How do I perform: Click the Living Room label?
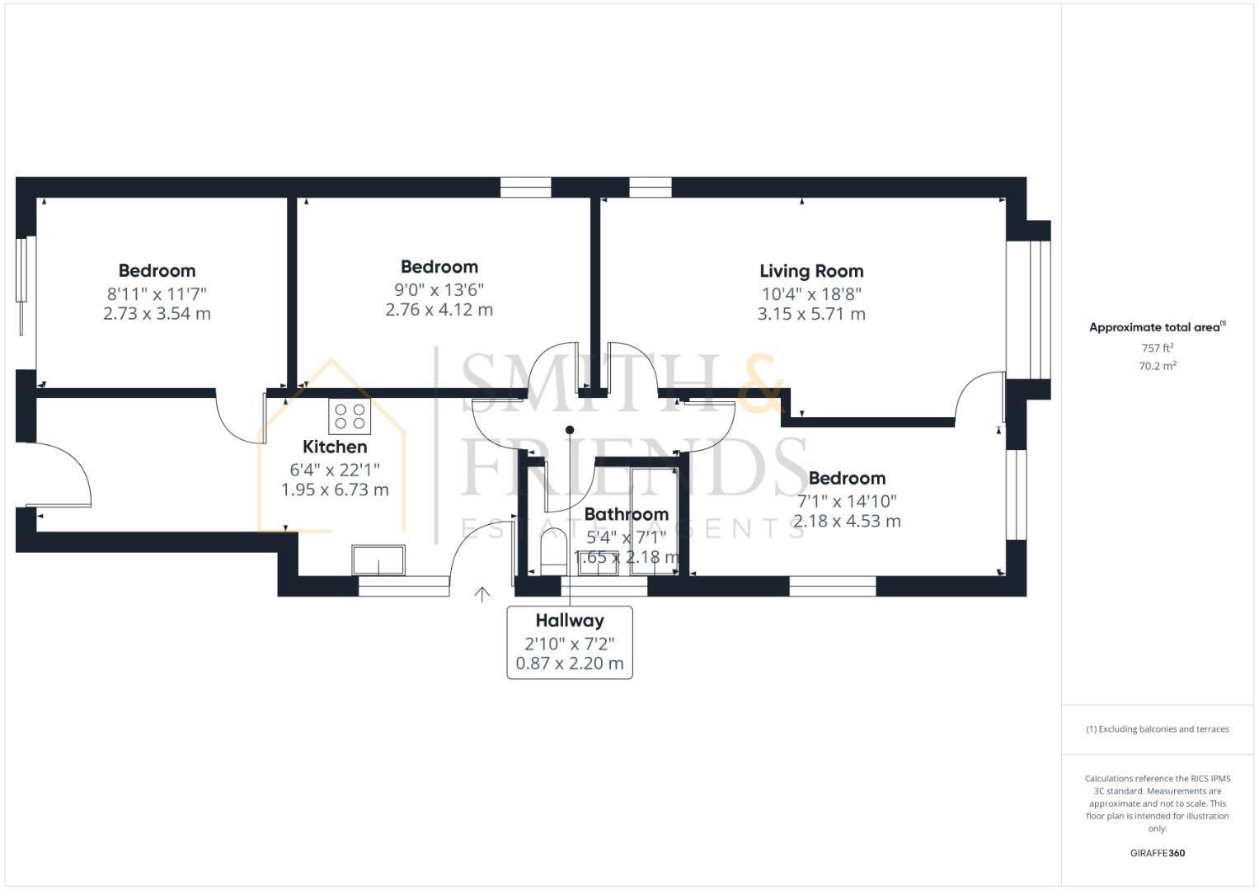(811, 271)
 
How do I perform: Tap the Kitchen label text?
(335, 447)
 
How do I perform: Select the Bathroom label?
(626, 515)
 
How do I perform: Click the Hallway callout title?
(570, 621)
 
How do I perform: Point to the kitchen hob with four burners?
(350, 416)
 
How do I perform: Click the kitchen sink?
(378, 560)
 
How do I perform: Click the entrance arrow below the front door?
(482, 594)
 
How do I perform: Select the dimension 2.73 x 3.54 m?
(157, 314)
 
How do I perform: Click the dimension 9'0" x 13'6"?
(439, 290)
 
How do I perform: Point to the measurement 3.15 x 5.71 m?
(811, 314)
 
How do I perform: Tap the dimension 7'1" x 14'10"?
(847, 501)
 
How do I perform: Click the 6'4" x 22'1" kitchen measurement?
(335, 470)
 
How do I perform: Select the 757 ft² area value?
(1157, 349)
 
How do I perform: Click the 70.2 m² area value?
(1157, 367)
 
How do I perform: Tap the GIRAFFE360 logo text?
(1157, 853)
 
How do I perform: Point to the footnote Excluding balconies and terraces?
(1157, 729)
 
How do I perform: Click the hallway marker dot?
(570, 430)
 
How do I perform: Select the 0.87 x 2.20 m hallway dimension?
(570, 663)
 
